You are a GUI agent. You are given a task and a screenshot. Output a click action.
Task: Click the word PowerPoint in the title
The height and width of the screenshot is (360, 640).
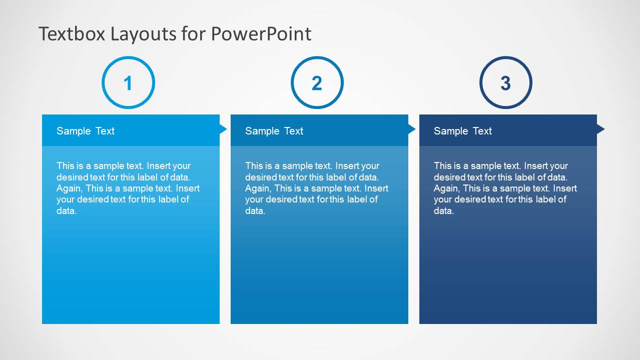pos(261,34)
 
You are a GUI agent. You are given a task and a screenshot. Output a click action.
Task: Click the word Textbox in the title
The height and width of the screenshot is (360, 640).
pos(72,34)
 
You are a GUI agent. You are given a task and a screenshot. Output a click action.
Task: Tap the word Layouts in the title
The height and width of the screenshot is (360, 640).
pos(144,34)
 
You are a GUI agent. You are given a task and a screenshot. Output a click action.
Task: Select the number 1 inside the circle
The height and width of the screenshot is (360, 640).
pos(128,83)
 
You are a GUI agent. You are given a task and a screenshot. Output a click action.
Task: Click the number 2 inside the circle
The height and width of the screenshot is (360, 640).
pos(317,83)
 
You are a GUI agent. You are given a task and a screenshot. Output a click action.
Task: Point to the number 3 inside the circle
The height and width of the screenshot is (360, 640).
pos(505,83)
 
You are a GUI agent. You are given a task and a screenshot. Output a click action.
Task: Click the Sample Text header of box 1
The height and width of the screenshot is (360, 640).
pos(86,131)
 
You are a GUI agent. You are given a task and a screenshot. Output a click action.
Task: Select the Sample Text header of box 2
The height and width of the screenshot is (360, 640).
pos(274,131)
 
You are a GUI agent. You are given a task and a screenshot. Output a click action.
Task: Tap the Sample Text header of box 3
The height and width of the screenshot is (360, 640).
pos(463,131)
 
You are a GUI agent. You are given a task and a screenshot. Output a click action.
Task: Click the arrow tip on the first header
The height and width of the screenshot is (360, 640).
pos(224,129)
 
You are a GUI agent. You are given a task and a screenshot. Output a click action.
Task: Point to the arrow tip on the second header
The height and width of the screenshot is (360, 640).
pos(412,129)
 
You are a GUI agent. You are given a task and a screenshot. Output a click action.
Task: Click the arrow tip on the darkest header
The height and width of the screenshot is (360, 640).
pos(601,129)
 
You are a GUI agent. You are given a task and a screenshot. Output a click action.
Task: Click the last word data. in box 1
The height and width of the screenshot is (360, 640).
pos(67,210)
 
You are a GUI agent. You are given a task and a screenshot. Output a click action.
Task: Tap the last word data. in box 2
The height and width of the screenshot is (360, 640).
pos(255,210)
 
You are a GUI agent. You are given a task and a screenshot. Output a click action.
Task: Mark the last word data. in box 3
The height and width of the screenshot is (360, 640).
pos(444,210)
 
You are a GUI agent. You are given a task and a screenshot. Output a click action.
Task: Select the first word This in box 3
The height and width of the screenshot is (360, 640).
pos(442,166)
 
